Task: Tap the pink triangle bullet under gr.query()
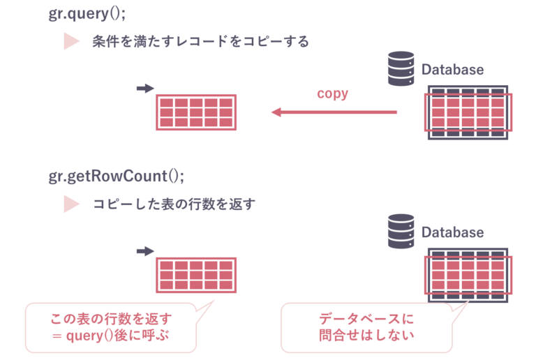72,41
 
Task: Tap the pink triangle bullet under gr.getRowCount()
72,204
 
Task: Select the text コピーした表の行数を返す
174,204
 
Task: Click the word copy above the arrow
332,93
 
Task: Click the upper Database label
452,70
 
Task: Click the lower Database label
452,232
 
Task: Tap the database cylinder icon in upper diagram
401,70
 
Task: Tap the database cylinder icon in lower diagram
401,232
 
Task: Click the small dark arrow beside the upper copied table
144,89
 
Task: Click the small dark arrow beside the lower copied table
144,251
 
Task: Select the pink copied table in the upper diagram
195,112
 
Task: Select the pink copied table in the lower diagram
195,275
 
